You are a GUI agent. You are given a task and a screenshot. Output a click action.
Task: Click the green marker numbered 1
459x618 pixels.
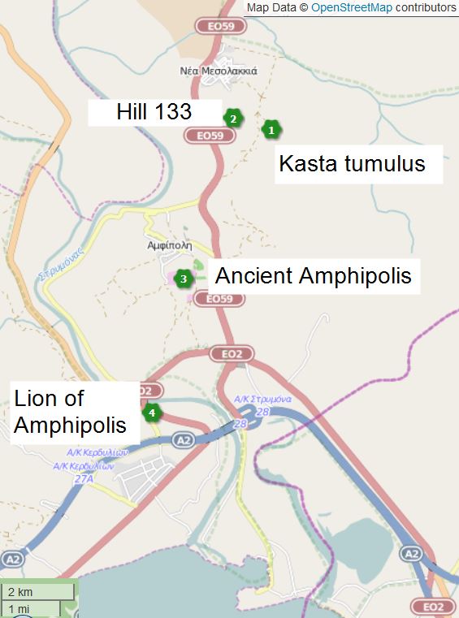[x=271, y=128]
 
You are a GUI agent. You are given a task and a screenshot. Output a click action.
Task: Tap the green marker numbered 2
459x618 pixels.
[x=233, y=118]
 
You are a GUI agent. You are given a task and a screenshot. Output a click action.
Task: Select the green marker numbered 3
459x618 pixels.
[x=184, y=279]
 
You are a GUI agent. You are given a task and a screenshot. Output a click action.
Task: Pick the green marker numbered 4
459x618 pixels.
[x=151, y=412]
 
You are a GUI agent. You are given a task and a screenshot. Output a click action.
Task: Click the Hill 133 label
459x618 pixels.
[x=154, y=112]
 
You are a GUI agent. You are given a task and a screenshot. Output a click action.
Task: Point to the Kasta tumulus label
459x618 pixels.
[x=352, y=164]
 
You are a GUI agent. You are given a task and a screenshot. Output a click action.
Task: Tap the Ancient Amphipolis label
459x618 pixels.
[x=313, y=276]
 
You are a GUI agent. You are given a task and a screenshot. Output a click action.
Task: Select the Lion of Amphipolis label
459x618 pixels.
[x=71, y=412]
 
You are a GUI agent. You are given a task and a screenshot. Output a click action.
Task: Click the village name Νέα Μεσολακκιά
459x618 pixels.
[x=219, y=71]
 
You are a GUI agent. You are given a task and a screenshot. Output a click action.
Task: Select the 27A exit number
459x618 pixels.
[x=84, y=479]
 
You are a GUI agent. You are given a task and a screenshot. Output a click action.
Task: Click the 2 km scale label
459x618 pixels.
[x=19, y=591]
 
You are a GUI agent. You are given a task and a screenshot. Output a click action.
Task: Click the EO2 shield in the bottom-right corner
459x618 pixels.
[x=433, y=607]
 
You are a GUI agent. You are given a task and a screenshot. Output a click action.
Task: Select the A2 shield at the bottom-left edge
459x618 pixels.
[x=12, y=560]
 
